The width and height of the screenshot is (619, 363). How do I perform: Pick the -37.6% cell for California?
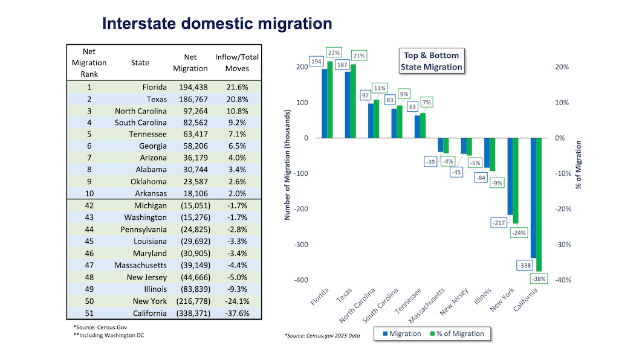coord(236,313)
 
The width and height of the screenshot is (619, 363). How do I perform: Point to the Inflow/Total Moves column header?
coord(236,62)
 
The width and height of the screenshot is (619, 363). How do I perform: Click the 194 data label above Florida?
coord(316,62)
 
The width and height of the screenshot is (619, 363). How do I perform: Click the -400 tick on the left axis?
coord(300,280)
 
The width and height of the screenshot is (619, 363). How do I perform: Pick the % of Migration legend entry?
coord(458,333)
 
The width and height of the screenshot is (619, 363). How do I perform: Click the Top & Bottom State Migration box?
coord(431,61)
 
